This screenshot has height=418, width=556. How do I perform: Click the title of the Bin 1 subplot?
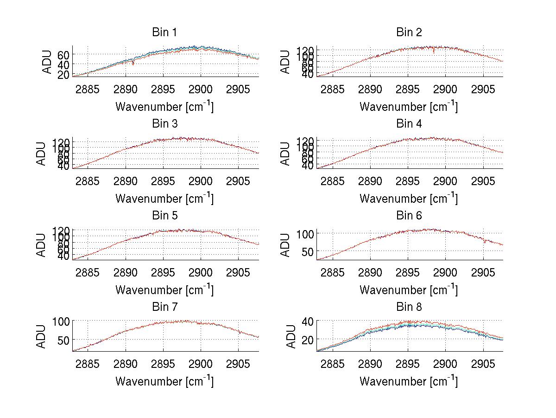(x=164, y=32)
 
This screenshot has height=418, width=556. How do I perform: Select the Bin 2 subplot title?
(x=409, y=32)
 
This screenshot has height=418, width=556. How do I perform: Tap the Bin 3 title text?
(x=164, y=124)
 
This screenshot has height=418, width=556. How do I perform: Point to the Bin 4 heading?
(x=409, y=124)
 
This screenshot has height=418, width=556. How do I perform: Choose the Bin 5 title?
(x=164, y=216)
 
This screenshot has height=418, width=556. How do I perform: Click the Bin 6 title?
(x=409, y=216)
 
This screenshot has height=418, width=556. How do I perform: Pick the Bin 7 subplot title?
(x=164, y=307)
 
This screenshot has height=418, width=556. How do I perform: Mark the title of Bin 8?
(x=409, y=307)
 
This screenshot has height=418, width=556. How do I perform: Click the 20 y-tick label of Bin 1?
(x=63, y=74)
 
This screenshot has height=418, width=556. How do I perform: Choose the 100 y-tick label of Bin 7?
(x=60, y=321)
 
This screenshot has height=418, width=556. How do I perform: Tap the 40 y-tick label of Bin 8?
(x=308, y=321)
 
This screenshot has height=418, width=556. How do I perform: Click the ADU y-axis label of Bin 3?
(x=48, y=154)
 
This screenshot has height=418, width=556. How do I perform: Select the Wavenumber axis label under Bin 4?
(x=409, y=198)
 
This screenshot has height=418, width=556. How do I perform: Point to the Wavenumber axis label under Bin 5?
(x=164, y=290)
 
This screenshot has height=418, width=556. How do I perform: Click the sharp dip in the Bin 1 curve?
(x=133, y=63)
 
